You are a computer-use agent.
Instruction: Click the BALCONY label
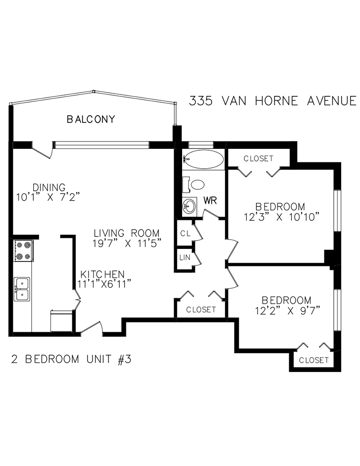91,119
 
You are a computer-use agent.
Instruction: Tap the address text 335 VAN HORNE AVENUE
272,101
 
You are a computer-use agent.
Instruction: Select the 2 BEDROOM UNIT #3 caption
71,359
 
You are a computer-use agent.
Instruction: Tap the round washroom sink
189,206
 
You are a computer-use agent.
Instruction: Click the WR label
210,201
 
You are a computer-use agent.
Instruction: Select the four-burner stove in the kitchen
22,251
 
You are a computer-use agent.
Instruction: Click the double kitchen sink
22,289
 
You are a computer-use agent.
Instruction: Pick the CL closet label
185,233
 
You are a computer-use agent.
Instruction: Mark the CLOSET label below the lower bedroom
313,360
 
